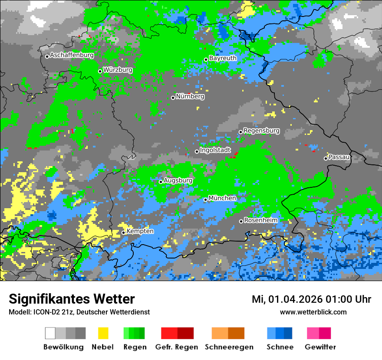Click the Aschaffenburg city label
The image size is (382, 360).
pos(72,56)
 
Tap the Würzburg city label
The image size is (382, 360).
pos(118,70)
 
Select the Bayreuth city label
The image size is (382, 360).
pos(223,58)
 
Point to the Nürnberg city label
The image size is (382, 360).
pos(190,97)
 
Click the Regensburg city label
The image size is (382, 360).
pos(261,131)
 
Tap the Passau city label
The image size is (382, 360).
pos(339,157)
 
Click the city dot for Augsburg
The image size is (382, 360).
pos(161,182)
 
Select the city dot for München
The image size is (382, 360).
pos(205,200)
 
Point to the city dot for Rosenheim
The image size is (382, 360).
pos(241,222)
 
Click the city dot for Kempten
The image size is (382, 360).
pos(123,232)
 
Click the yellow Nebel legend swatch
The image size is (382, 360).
pos(103,333)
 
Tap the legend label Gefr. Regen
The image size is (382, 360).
pos(177,347)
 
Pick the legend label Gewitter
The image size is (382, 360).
pos(320,347)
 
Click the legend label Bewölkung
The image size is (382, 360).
pos(63,347)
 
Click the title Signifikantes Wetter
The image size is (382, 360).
pos(72,299)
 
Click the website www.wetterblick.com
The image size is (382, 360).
pos(313,312)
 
